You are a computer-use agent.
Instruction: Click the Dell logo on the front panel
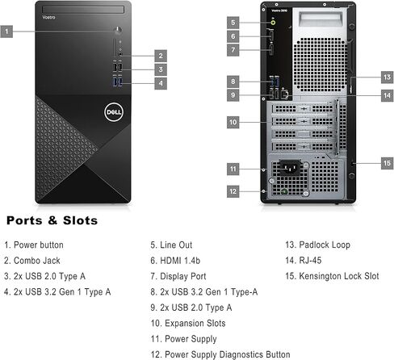point(113,112)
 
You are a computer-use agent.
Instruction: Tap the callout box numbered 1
point(6,31)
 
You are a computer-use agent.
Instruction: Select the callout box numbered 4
point(161,83)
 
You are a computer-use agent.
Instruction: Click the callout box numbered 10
point(233,122)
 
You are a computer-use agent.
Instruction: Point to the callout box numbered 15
point(387,163)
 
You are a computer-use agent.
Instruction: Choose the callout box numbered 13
point(387,77)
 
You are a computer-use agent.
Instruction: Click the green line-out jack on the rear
point(273,23)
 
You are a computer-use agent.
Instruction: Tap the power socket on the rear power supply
point(290,168)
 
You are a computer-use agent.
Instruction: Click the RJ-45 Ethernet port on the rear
point(285,94)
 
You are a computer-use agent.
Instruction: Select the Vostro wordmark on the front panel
point(48,17)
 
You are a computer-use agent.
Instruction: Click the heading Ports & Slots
point(52,220)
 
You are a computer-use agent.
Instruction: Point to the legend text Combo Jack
point(37,261)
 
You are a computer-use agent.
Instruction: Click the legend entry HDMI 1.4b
point(180,261)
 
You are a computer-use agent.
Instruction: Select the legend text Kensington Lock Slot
point(339,276)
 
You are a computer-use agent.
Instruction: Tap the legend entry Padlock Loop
point(325,245)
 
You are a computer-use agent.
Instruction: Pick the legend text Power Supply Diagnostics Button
point(228,354)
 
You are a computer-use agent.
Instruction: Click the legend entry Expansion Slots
point(195,323)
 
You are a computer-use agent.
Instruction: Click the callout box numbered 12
point(233,191)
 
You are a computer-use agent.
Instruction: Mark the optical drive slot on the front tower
point(83,10)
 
